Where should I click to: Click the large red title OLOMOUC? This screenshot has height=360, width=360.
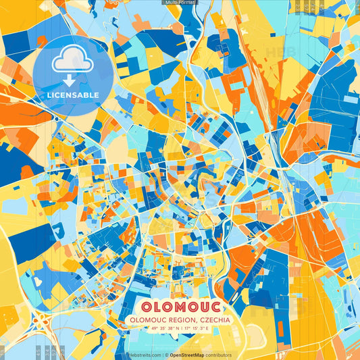pos(180,304)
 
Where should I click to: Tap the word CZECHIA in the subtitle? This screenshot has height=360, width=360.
pos(214,319)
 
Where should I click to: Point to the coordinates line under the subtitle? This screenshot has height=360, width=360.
pos(180,329)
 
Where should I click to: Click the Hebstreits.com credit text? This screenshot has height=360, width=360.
pos(145,355)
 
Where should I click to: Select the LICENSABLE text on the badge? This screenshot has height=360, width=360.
pos(73,95)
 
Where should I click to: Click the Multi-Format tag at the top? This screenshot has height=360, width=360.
pos(180,3)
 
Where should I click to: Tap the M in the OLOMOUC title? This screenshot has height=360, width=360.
pos(180,304)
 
